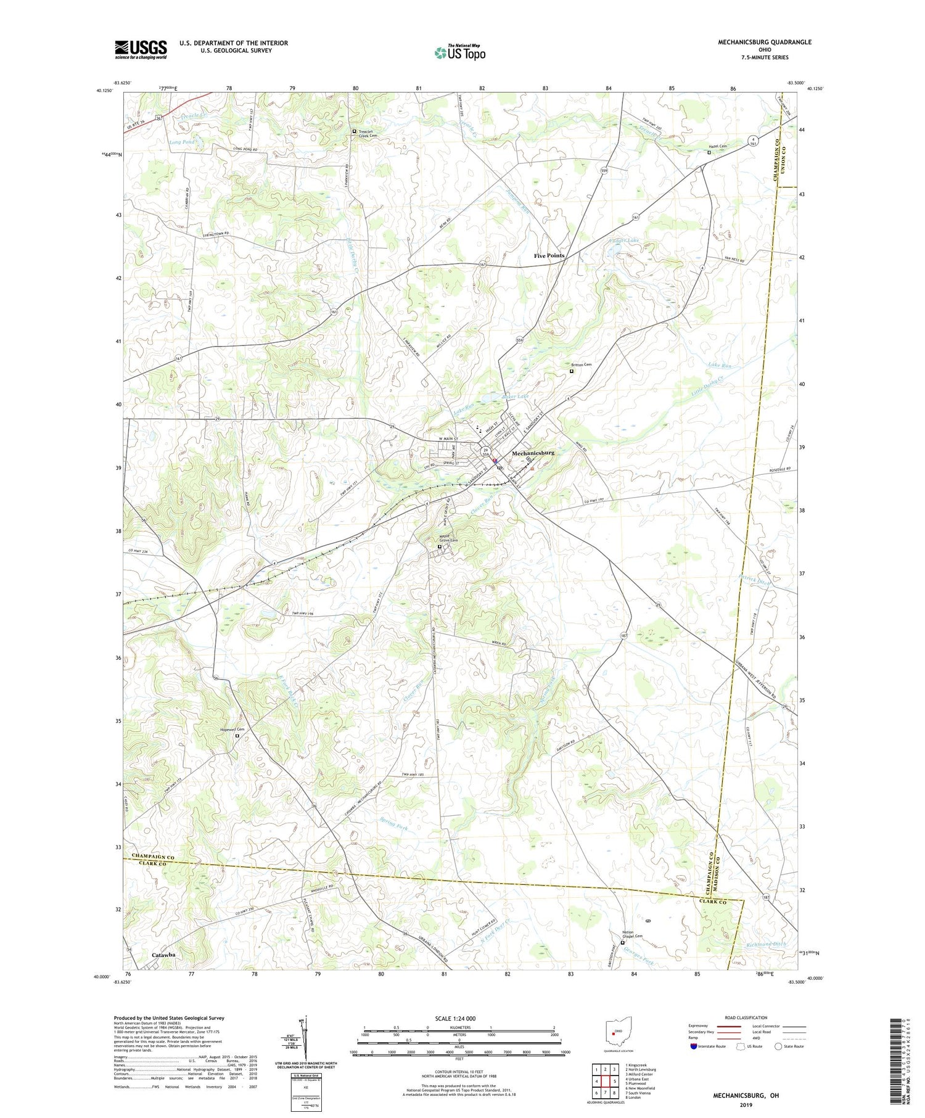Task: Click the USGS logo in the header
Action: (141, 49)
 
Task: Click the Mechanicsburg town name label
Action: (533, 453)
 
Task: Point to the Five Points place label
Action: (549, 255)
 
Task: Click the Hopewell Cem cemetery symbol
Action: (237, 735)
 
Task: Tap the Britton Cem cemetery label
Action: (582, 364)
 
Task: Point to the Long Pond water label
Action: (181, 142)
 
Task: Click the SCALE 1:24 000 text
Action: (444, 1018)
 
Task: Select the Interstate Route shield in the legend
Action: (693, 1046)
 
